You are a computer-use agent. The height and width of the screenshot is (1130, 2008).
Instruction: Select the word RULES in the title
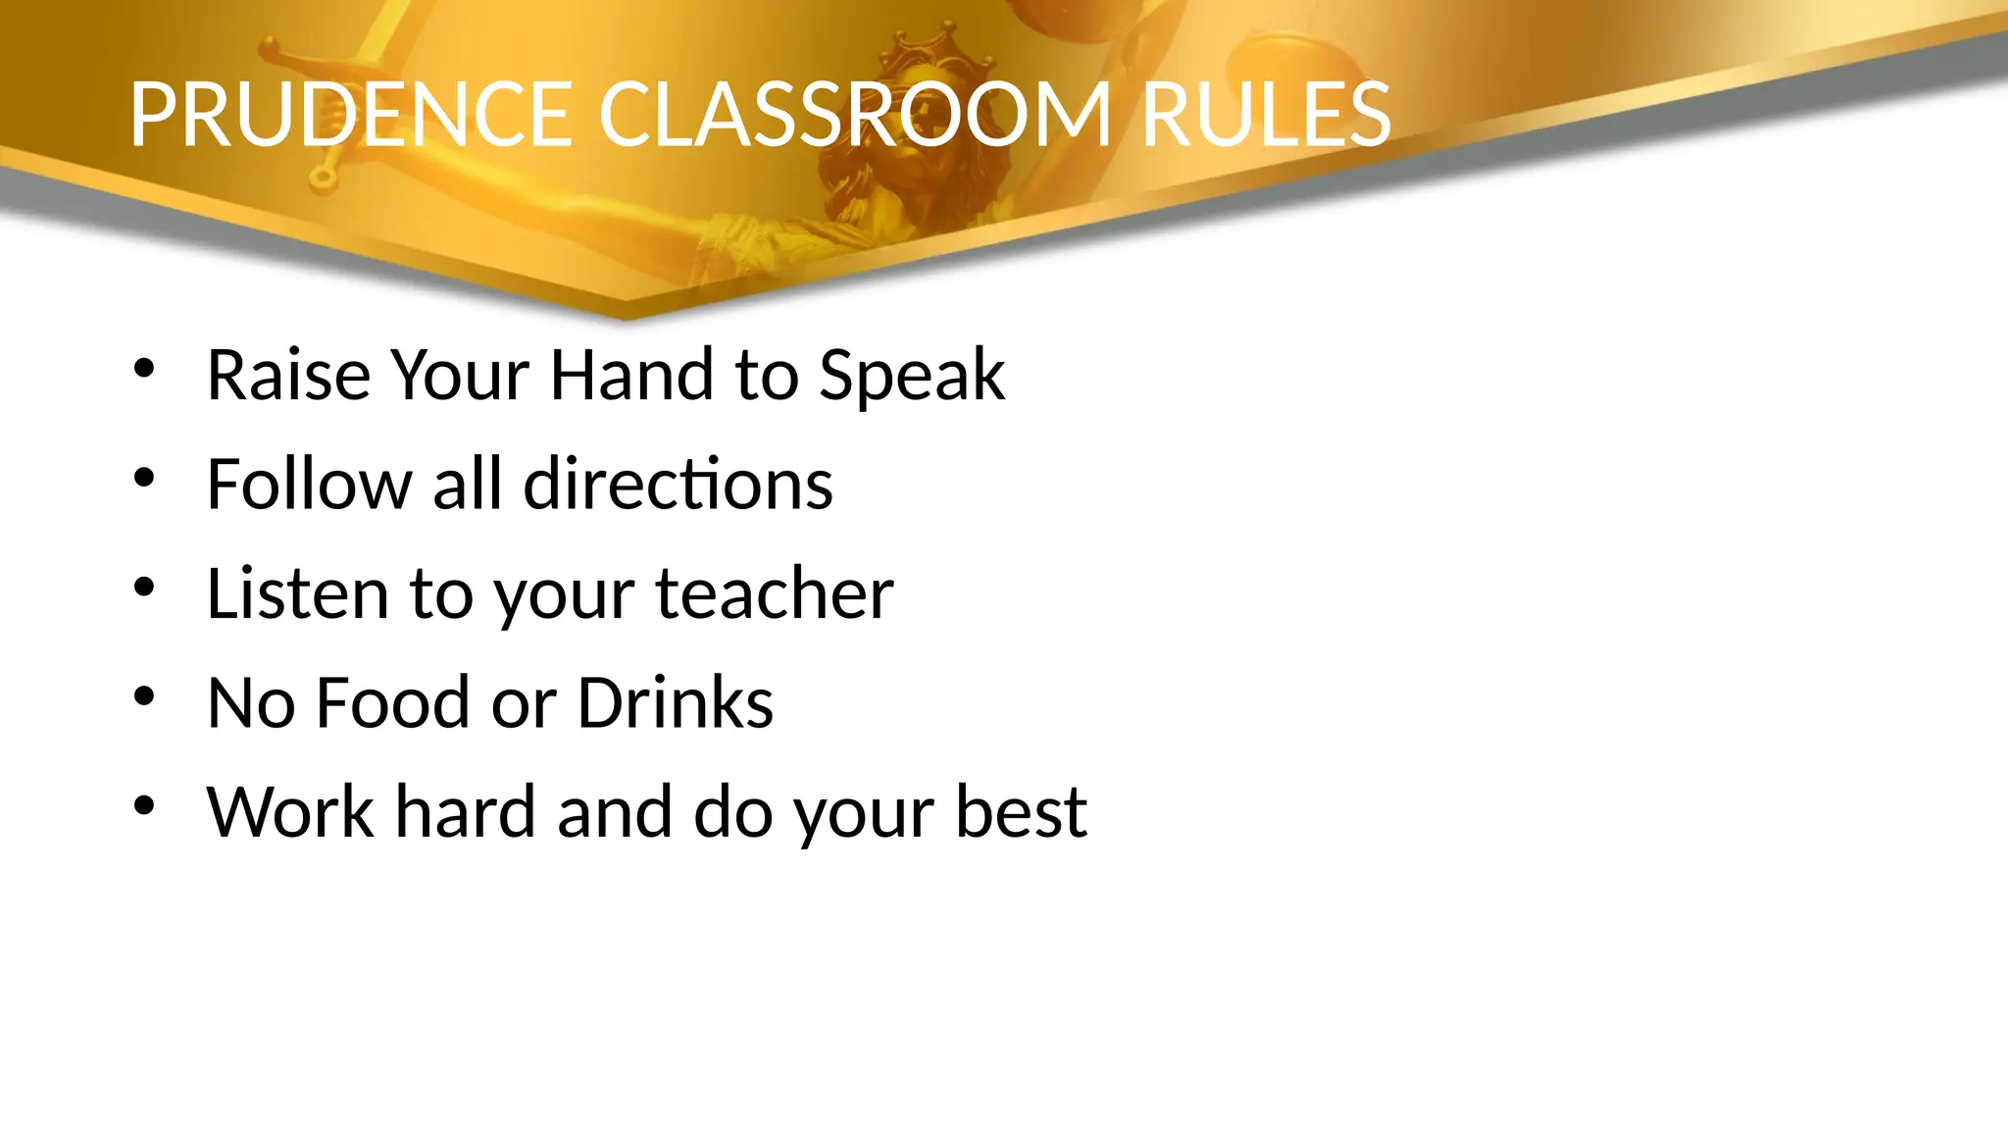[1266, 115]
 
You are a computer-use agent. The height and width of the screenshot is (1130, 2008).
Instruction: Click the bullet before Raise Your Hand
[145, 370]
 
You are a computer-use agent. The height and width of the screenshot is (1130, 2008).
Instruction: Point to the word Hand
[631, 375]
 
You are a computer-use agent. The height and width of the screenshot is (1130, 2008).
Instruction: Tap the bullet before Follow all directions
[145, 479]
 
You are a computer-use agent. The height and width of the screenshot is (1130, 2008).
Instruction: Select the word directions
[678, 485]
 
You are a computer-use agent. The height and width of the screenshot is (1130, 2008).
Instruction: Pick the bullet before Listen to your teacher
[145, 588]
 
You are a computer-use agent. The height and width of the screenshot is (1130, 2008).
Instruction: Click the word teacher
[775, 593]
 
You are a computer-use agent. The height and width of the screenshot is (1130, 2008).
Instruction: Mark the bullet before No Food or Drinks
[145, 696]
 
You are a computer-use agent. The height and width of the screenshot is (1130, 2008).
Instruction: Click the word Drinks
[676, 702]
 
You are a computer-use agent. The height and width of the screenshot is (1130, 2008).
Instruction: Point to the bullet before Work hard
[145, 806]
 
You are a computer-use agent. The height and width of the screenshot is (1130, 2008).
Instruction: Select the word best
[1021, 812]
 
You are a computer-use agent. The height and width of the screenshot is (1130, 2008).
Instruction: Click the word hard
[465, 812]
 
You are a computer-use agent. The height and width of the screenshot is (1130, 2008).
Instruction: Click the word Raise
[288, 375]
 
